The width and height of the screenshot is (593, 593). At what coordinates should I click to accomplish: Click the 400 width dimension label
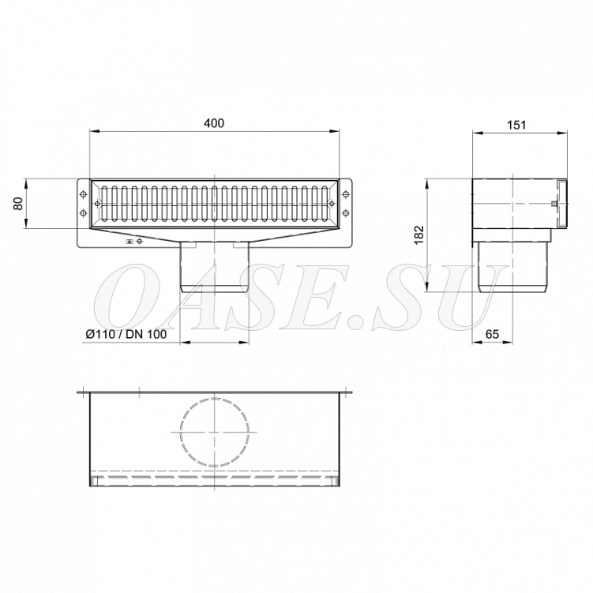[x=214, y=123]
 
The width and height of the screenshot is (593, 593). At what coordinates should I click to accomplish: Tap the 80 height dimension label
[x=19, y=204]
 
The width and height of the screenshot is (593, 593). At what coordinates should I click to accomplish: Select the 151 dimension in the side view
[x=516, y=125]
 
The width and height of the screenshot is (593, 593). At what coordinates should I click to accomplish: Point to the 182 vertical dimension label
[x=419, y=235]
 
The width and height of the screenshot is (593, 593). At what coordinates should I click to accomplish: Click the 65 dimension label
[x=492, y=334]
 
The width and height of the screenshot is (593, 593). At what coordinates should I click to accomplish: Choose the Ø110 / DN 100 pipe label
[x=126, y=334]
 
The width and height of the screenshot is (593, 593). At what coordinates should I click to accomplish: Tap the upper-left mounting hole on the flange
[x=83, y=194]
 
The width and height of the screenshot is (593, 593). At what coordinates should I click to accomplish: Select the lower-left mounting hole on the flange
[x=83, y=214]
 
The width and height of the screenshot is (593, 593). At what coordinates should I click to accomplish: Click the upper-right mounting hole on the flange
[x=345, y=194]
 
